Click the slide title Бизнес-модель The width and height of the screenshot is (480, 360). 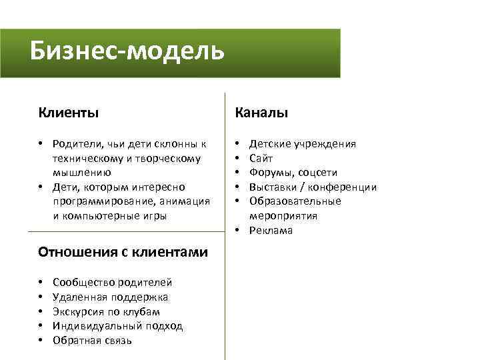point(127,51)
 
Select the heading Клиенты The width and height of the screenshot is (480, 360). point(69,113)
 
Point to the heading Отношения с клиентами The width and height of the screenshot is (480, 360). point(123,252)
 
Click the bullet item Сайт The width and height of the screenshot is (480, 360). point(261,158)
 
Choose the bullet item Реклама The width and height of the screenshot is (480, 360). point(271,231)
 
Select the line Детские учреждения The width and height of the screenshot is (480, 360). point(302,144)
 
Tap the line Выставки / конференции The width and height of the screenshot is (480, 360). point(313,187)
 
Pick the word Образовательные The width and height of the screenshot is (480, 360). point(295,201)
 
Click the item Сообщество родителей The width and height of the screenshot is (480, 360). point(112,283)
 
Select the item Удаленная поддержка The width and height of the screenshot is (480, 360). point(110,297)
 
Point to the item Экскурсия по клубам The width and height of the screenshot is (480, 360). point(106,312)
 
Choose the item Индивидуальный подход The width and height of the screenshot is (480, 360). point(117,326)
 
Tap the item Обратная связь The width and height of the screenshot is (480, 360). point(92,341)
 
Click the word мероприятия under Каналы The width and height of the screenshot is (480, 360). point(283,216)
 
